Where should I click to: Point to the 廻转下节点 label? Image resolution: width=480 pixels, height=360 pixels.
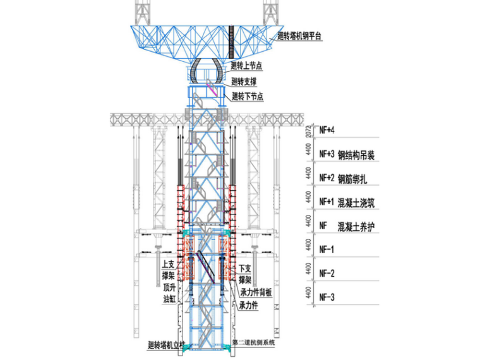[x=247, y=97]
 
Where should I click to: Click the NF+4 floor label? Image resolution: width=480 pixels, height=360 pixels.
[x=327, y=130]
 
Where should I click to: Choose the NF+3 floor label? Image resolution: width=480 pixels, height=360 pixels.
[x=327, y=153]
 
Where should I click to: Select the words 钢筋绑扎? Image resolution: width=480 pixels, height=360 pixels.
[x=354, y=177]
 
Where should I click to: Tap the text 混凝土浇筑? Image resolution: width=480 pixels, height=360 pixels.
[x=358, y=202]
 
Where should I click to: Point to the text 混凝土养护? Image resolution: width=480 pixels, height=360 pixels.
[x=358, y=225]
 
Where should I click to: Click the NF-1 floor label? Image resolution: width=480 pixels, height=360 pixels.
[x=327, y=250]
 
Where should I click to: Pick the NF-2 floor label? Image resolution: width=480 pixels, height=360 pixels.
[x=327, y=273]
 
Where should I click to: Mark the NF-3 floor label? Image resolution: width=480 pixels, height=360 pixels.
[x=327, y=297]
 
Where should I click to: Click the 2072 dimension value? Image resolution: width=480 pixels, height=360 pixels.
[x=308, y=130]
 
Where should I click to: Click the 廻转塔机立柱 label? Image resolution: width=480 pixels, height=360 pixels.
[x=164, y=345]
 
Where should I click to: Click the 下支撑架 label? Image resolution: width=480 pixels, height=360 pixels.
[x=245, y=273]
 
